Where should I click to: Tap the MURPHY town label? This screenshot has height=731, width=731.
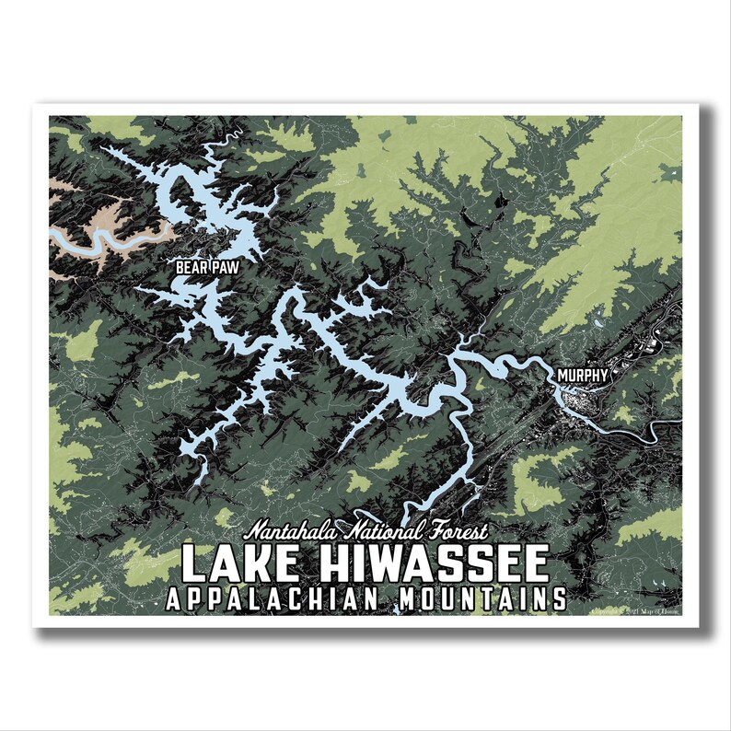[581, 376]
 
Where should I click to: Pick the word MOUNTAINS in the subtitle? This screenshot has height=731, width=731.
[482, 599]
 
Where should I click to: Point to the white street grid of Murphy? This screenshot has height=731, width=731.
[589, 405]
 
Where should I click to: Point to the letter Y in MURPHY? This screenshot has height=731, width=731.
[602, 376]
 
